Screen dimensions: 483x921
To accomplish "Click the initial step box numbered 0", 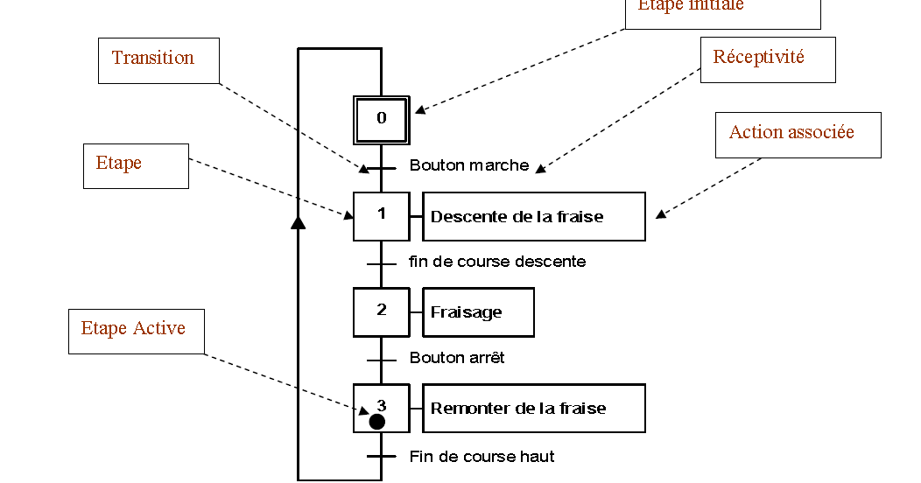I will tap(382, 119).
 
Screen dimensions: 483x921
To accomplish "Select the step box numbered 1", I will tap(382, 215).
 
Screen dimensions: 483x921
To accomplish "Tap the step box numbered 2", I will tap(382, 311).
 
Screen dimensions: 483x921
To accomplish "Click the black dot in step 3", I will tap(377, 422).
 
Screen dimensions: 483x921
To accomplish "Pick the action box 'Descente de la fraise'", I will tap(534, 216).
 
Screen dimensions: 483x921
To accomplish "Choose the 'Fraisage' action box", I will tap(478, 312).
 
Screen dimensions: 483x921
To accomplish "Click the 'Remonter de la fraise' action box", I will tap(534, 408).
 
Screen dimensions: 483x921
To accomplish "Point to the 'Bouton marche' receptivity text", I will tap(469, 165).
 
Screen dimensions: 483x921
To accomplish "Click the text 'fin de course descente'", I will tap(497, 262).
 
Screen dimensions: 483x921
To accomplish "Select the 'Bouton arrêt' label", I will tap(457, 358).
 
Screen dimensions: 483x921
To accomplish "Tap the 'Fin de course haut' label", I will tap(482, 457).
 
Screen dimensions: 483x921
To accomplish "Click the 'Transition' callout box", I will tap(158, 60).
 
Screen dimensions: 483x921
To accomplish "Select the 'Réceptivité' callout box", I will tap(768, 59).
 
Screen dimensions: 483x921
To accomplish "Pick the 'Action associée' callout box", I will tap(798, 135).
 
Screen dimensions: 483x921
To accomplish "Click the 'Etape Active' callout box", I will tap(137, 331).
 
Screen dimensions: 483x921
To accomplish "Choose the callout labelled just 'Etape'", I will tap(136, 165).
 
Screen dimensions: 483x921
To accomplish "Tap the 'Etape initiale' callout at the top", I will tap(722, 10).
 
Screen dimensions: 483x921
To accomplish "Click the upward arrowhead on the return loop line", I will tap(298, 222).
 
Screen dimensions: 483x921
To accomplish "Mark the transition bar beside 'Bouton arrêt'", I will tap(382, 360).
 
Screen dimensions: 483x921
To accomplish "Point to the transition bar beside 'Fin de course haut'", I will tap(382, 457).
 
